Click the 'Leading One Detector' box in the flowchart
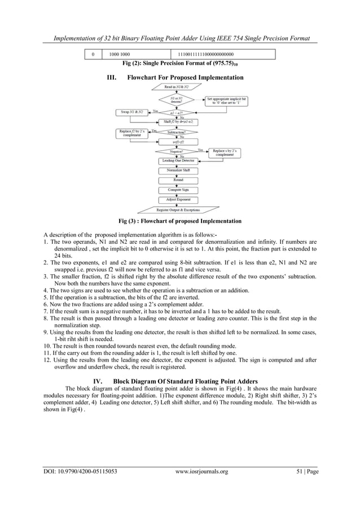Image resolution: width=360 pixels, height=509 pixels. (178, 161)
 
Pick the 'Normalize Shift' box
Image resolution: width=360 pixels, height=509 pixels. (178, 170)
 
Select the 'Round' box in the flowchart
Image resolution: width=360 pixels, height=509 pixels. (178, 180)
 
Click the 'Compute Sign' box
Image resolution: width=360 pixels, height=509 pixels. (178, 190)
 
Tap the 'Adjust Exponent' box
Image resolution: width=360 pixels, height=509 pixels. (178, 200)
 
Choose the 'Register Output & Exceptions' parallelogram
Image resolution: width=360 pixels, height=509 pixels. (178, 210)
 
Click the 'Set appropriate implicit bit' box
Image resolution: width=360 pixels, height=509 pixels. (226, 101)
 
